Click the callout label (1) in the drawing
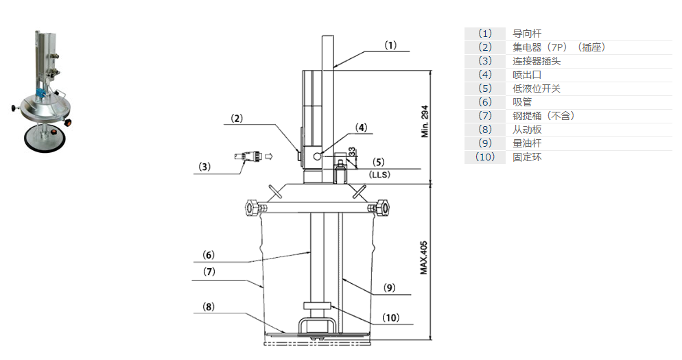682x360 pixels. coord(390,45)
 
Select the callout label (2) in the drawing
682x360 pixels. coord(237,118)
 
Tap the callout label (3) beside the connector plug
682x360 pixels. coord(204,167)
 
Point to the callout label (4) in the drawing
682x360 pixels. coord(361,127)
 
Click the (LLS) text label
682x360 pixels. coord(379,176)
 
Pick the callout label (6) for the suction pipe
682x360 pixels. coord(209,254)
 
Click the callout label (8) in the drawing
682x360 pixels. coord(209,307)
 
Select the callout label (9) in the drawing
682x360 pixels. coord(389,288)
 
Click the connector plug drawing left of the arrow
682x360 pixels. coord(248,157)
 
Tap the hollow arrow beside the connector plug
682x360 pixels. coord(269,156)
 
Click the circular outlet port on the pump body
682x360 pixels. coord(316,156)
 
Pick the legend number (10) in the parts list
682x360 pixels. coord(485,157)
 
